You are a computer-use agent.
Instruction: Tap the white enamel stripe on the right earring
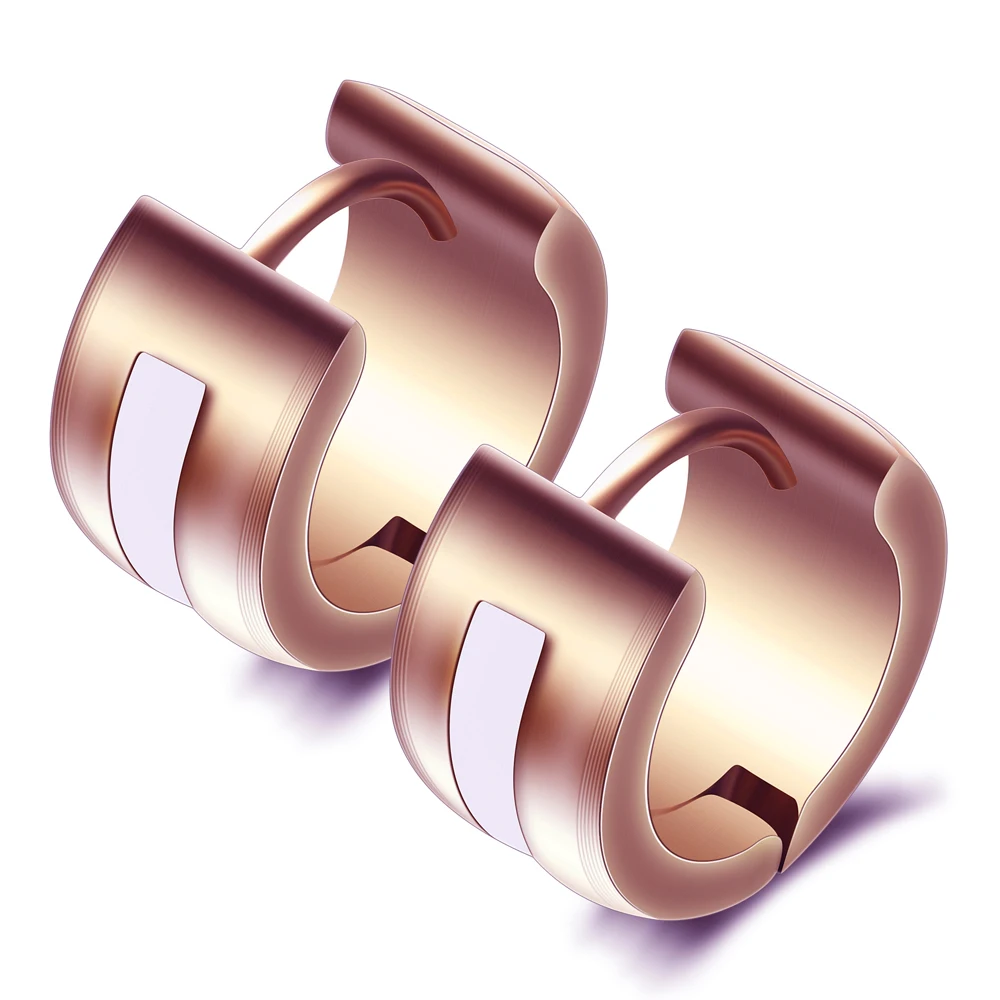coord(495,720)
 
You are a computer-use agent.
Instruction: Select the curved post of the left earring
coord(330,195)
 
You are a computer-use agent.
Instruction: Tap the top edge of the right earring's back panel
coord(790,380)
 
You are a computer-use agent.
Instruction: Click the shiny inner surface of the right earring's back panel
coord(800,620)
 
